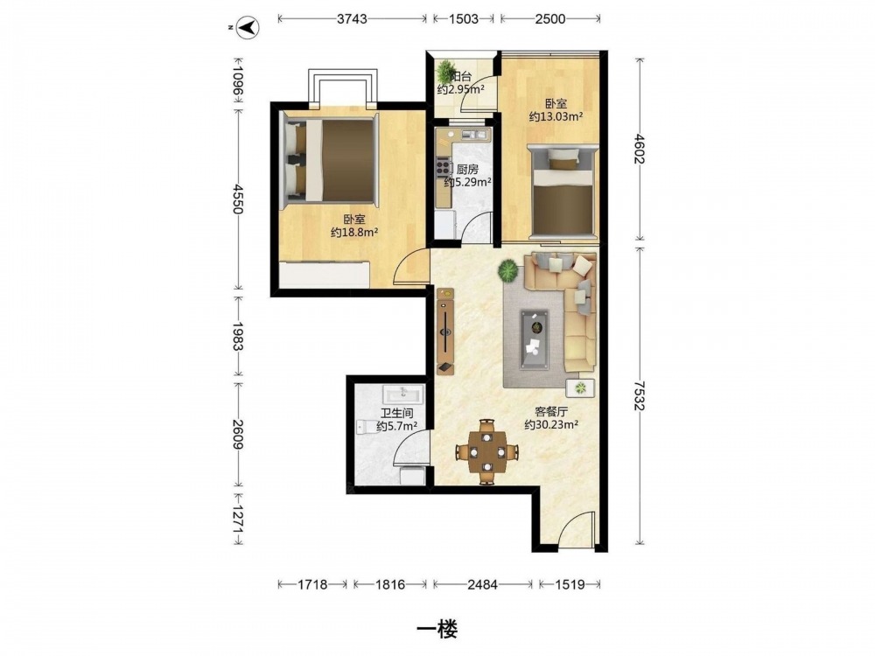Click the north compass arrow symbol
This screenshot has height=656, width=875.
pos(248,27)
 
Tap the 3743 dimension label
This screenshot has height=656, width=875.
pos(352,19)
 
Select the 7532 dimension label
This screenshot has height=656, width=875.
pos(640,395)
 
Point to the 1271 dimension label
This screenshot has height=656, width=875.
pos(238,518)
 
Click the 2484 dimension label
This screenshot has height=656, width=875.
pos(482,584)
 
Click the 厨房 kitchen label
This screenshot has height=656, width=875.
pos(467,169)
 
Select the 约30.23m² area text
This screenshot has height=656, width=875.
pos(550,425)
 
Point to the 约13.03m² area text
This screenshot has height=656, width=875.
pos(556,116)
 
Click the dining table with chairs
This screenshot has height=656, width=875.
pos(487,450)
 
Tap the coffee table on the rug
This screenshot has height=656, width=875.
pos(534,339)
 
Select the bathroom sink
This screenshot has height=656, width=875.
pos(403,395)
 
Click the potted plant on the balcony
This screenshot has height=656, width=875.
pos(446,72)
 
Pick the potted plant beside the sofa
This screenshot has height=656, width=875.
pos(507,270)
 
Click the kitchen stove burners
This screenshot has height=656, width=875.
pos(443,165)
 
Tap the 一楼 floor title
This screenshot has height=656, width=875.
pos(437,630)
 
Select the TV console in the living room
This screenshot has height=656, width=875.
pos(445,331)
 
